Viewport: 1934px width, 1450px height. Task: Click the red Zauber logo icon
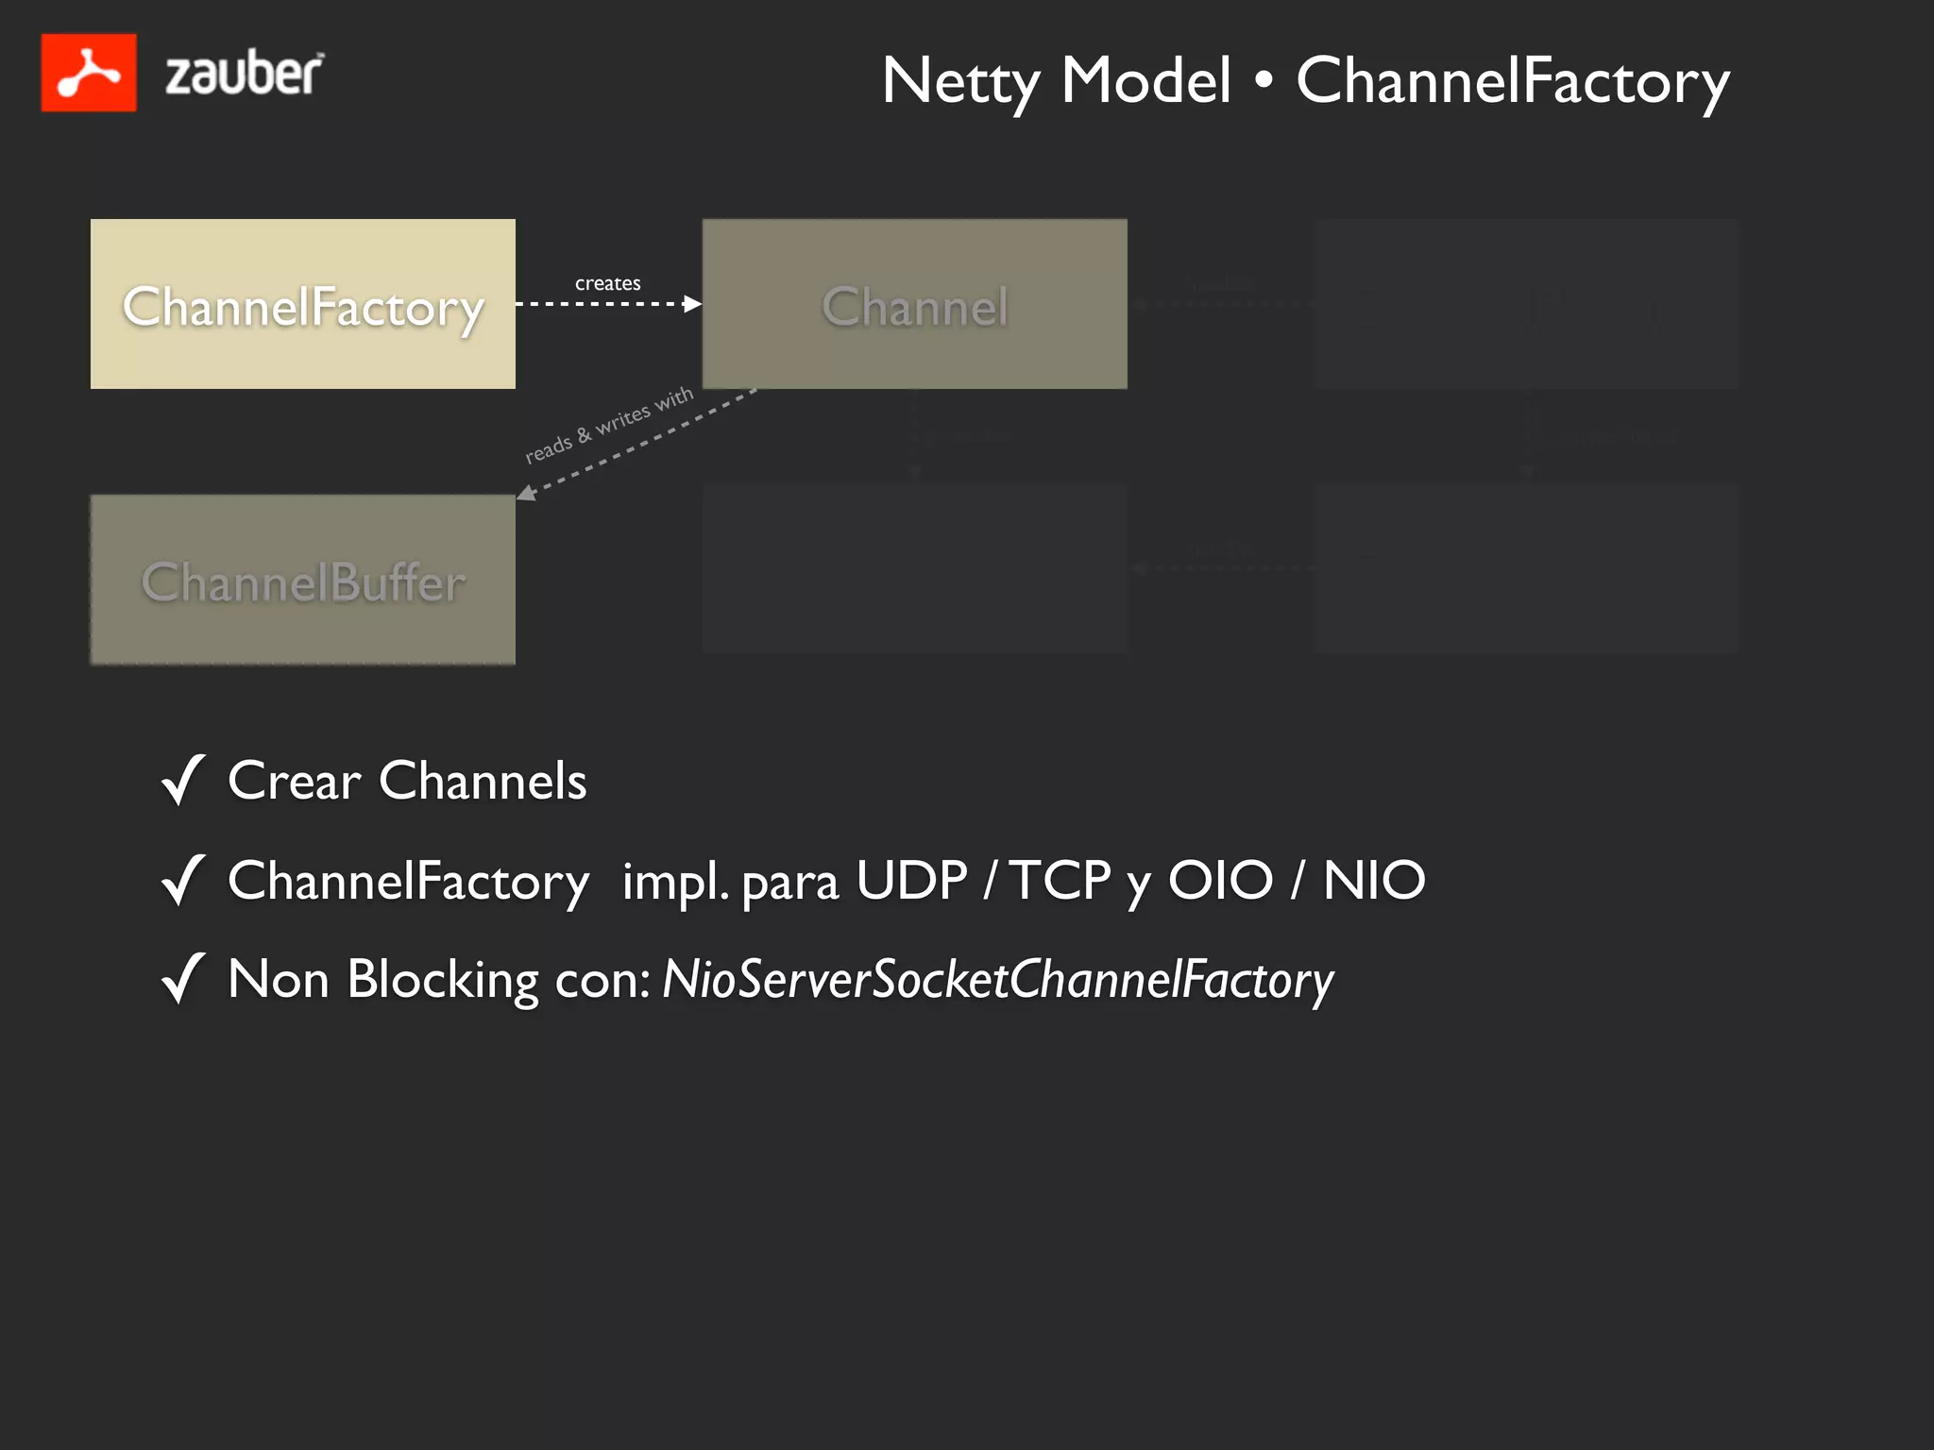[89, 73]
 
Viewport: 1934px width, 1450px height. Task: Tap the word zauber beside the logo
[244, 75]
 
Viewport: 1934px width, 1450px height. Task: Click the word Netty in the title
[961, 81]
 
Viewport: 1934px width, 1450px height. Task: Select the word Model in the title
[1145, 80]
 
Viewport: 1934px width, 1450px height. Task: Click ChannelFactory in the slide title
[1513, 82]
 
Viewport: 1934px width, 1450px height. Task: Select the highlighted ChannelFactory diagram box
[302, 304]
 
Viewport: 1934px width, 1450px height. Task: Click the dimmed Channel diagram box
[914, 304]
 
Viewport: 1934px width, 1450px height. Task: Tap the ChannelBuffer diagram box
[302, 580]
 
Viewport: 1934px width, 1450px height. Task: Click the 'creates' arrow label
[607, 283]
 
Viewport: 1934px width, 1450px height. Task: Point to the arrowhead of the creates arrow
[693, 304]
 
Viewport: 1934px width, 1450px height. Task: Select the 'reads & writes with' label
[609, 425]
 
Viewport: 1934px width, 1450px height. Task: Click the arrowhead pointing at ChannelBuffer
[525, 493]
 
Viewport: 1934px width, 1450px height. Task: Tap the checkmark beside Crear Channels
[183, 780]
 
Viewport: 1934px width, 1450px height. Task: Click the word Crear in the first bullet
[294, 782]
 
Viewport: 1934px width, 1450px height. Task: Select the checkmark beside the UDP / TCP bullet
[183, 880]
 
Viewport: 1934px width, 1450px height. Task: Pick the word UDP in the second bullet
[911, 881]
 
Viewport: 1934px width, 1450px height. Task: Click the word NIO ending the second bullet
[1374, 881]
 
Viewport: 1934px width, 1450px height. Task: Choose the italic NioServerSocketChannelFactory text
[997, 980]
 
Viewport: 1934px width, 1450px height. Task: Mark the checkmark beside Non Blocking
[183, 978]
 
